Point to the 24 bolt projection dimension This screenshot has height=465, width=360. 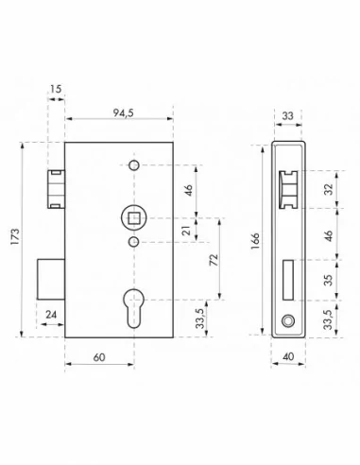[49, 314]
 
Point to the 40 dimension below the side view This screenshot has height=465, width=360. [288, 359]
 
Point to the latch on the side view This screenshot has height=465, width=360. [289, 188]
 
